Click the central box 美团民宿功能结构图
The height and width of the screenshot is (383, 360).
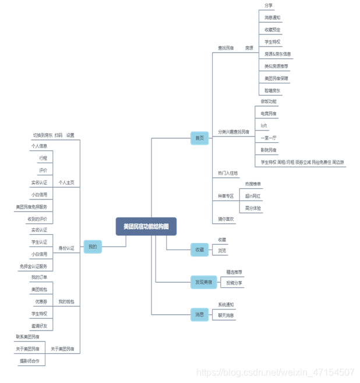click(146, 226)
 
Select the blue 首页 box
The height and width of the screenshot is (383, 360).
click(199, 138)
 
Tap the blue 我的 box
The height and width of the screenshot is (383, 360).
click(92, 247)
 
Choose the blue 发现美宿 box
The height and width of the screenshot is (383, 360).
click(203, 282)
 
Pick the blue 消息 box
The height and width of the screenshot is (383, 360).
click(199, 315)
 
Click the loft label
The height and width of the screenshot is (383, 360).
click(264, 125)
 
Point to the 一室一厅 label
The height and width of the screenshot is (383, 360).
click(269, 138)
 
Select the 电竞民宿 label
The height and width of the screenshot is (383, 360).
click(269, 113)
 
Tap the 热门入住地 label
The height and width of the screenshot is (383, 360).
click(228, 173)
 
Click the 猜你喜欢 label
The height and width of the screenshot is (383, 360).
click(226, 219)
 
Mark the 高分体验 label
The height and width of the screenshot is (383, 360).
click(253, 208)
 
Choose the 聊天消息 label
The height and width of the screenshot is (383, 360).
click(226, 315)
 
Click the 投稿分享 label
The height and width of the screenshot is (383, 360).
click(234, 283)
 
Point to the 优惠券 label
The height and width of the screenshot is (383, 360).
click(40, 301)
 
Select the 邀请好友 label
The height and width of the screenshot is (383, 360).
click(40, 325)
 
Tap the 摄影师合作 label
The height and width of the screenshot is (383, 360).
click(29, 361)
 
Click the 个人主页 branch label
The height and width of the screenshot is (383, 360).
click(66, 182)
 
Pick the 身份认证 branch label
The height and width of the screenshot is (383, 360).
click(66, 248)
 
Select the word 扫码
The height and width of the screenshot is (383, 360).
click(58, 135)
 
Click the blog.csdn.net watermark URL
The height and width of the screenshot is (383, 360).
click(275, 372)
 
